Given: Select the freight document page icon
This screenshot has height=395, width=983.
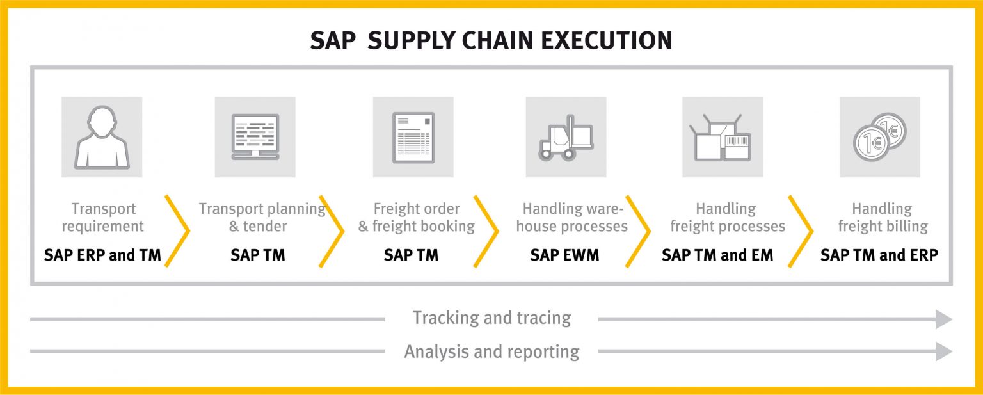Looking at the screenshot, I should point(413,137).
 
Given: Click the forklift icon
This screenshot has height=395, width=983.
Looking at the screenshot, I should point(566,137).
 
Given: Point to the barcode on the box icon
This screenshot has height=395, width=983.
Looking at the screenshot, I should point(737,141).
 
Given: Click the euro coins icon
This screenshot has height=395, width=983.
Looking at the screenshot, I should point(880,137).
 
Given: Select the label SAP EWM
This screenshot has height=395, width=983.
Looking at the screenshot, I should point(564,255).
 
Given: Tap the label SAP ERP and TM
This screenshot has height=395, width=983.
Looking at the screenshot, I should point(102,255).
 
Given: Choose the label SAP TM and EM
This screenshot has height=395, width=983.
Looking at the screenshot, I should point(717,255).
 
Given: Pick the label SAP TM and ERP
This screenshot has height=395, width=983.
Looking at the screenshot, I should point(879,255).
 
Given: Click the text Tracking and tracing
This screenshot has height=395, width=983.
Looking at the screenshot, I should point(491,318).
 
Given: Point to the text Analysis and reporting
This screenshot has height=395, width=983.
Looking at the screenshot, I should point(491,351).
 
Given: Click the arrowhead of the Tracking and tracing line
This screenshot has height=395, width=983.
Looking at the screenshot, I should point(944,319).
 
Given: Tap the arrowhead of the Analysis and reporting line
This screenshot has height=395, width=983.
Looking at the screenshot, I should point(944,351).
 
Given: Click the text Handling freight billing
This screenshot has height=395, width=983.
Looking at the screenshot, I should point(882,217).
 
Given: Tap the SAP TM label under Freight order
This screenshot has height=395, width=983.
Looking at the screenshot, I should point(411,255).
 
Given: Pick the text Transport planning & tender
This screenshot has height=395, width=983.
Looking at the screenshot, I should point(261,217).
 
